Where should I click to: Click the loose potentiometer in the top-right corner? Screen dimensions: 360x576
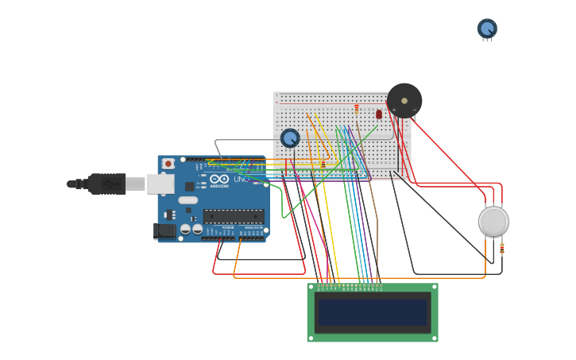(x=487, y=29)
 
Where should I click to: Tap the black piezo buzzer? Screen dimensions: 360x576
(x=404, y=101)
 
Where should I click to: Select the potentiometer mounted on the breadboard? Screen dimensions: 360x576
(x=290, y=138)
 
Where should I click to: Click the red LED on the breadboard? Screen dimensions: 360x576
(x=379, y=114)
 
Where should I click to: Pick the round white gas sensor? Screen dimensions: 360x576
(x=493, y=221)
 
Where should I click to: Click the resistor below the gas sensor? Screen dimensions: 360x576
(x=501, y=248)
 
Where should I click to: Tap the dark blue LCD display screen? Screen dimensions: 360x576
(x=373, y=312)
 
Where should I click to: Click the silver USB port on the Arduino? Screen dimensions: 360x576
(x=160, y=184)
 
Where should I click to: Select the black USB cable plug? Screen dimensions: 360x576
(x=106, y=184)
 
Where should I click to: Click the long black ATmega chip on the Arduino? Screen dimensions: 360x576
(x=234, y=215)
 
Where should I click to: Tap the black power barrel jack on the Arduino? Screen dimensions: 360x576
(x=164, y=230)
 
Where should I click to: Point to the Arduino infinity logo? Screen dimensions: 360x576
(x=219, y=180)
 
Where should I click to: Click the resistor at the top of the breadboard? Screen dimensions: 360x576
(x=357, y=107)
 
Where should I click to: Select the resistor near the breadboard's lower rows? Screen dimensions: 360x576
(x=323, y=163)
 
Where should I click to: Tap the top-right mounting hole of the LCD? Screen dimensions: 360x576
(x=434, y=288)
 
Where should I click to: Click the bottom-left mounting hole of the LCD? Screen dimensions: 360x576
(x=311, y=338)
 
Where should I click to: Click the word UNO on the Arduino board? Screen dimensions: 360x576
(x=241, y=180)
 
